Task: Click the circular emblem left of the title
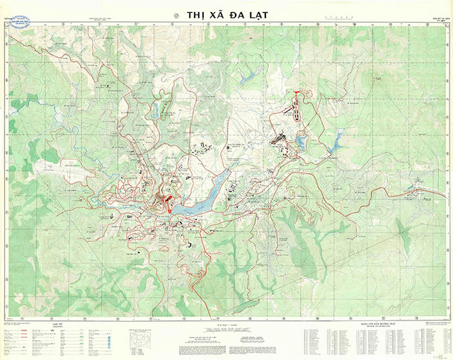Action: pyautogui.click(x=177, y=14)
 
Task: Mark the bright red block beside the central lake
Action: pyautogui.click(x=168, y=203)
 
